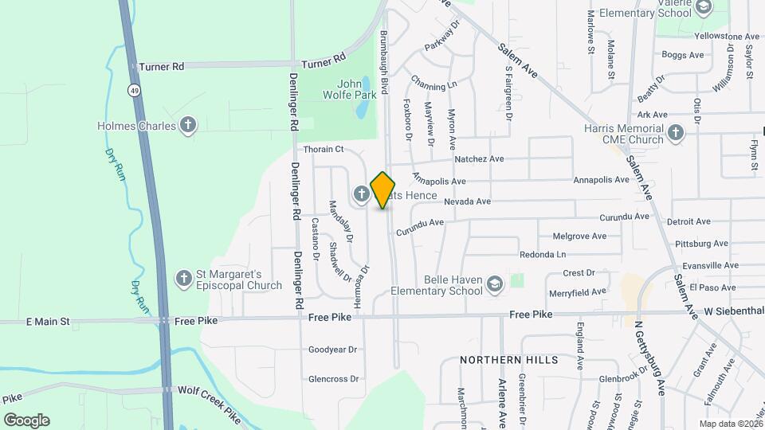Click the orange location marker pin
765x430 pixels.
point(383,190)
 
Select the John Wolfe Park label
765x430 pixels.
point(356,89)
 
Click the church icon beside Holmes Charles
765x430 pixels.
point(188,125)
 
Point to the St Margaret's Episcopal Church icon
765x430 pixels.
point(184,278)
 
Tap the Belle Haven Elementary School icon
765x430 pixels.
point(495,284)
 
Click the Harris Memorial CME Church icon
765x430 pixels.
point(676,132)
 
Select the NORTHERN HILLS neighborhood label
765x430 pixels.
point(509,360)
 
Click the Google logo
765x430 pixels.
point(26,420)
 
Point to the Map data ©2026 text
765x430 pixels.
point(731,423)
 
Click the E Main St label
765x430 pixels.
point(48,322)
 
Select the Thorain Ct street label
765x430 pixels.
point(323,149)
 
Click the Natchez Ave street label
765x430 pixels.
point(479,159)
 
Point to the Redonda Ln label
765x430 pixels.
point(542,255)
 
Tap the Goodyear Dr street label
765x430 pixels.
point(332,350)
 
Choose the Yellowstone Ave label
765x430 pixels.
point(726,37)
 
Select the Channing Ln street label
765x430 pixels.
point(434,82)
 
